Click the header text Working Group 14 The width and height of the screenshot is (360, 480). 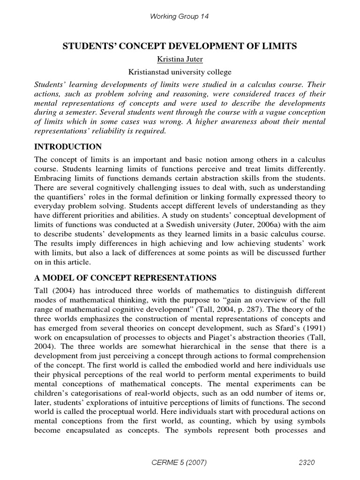pyautogui.click(x=179, y=16)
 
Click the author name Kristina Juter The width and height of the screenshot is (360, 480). pyautogui.click(x=180, y=60)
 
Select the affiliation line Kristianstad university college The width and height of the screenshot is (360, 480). pyautogui.click(x=180, y=72)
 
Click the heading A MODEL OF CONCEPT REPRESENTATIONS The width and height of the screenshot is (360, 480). pyautogui.click(x=124, y=277)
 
